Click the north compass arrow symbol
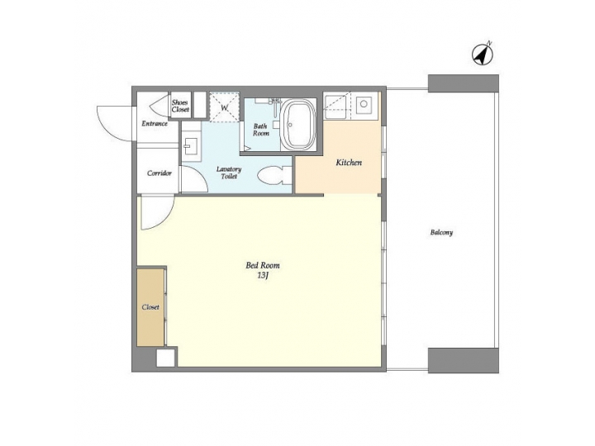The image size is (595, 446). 482,54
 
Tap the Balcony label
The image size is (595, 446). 441,232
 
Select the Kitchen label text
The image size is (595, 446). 349,163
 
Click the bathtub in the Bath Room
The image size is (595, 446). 298,125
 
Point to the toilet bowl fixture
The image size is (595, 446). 272,175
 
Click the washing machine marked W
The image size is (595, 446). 223,106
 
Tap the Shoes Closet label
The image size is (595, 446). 180,105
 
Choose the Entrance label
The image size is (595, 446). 155,124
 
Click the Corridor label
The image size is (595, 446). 159,173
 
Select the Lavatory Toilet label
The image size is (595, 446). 229,173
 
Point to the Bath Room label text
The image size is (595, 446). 261,130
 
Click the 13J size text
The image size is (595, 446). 263,275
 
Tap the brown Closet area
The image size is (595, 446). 150,306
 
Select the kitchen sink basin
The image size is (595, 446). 364,106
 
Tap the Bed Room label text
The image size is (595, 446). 263,265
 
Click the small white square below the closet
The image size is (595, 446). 166,358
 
